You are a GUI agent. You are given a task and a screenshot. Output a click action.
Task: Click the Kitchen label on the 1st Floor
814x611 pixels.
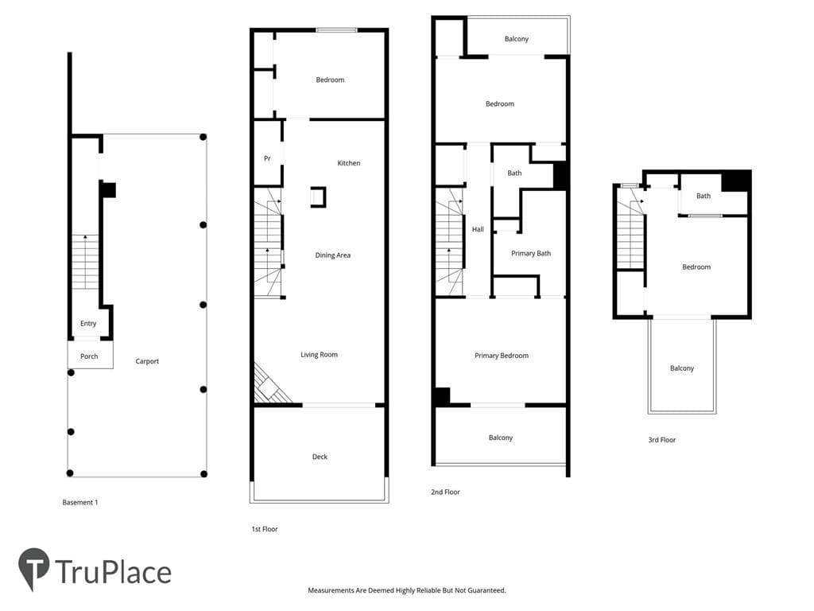(x=348, y=163)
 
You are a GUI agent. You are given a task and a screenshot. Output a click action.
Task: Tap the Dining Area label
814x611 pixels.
(x=333, y=255)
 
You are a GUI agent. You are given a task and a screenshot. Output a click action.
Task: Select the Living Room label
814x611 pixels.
(x=319, y=355)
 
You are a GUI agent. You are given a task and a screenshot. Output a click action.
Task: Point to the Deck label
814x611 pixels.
(x=320, y=457)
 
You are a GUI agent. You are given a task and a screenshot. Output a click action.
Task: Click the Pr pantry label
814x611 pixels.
(x=267, y=158)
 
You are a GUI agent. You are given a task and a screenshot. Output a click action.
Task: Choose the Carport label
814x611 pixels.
(x=147, y=361)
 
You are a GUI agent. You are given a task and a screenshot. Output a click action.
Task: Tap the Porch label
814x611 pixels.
(x=89, y=356)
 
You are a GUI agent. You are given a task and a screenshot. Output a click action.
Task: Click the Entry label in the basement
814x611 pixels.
(x=88, y=323)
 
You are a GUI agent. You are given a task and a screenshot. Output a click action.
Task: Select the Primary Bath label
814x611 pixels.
(x=531, y=254)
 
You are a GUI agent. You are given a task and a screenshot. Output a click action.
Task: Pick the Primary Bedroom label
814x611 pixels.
(x=502, y=356)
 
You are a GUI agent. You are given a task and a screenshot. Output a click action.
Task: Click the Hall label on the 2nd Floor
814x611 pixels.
(x=478, y=229)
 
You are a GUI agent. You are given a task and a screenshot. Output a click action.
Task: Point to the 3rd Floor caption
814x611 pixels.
(x=662, y=440)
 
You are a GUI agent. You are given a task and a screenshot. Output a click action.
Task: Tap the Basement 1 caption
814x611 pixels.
(x=80, y=503)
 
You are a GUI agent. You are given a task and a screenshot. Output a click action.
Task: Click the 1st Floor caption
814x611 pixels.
(x=265, y=529)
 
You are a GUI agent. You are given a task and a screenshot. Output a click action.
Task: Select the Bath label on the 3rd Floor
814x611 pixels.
(x=704, y=196)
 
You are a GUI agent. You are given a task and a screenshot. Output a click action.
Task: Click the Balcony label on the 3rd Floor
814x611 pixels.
(x=681, y=368)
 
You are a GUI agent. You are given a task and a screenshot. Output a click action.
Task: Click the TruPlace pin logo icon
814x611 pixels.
(x=33, y=568)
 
